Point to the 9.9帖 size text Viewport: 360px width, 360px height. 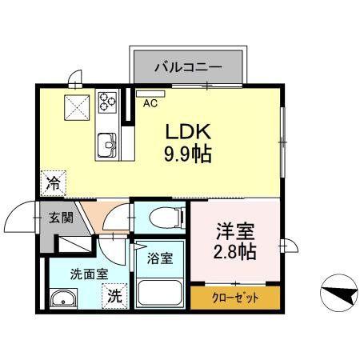(189, 154)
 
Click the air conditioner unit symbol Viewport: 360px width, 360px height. (150, 93)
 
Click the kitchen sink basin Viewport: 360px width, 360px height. (107, 146)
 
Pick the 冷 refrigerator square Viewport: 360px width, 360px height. (54, 183)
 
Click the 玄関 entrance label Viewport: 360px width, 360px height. (60, 217)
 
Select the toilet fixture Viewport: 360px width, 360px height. (159, 218)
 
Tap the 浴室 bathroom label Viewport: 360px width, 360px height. (159, 258)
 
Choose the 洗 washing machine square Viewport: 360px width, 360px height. (115, 294)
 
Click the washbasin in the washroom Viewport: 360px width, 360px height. (62, 300)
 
